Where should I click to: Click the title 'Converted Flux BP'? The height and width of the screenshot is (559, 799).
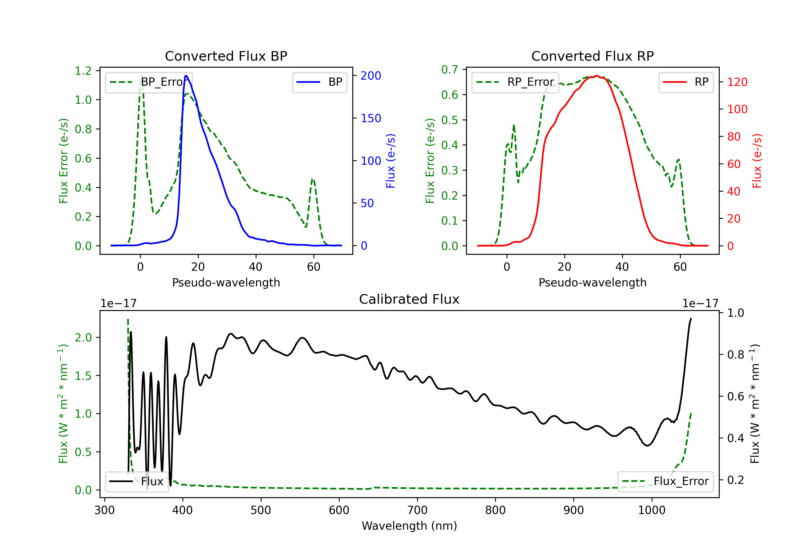[226, 56]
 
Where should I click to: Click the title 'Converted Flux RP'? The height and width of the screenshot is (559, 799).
[592, 56]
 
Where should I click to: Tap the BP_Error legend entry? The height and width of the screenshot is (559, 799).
[149, 82]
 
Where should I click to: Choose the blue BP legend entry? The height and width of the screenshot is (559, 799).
[319, 82]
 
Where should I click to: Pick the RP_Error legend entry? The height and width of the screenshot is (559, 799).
[515, 82]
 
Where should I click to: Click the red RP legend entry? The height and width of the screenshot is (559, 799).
[686, 82]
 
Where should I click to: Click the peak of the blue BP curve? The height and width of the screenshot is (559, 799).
[186, 76]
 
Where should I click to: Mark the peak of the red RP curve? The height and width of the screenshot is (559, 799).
[597, 76]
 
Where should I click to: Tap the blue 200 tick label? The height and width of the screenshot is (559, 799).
[371, 76]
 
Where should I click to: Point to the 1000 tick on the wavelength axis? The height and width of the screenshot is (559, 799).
[651, 510]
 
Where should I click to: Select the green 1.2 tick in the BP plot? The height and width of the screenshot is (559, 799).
[83, 71]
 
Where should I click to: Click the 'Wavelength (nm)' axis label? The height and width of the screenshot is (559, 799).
[409, 526]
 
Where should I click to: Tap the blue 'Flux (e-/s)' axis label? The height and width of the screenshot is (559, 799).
[391, 161]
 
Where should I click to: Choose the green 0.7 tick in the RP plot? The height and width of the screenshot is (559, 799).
[450, 69]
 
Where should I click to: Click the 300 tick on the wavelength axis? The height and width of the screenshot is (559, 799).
[104, 510]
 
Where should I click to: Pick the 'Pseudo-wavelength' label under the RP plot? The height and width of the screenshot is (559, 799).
[592, 282]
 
